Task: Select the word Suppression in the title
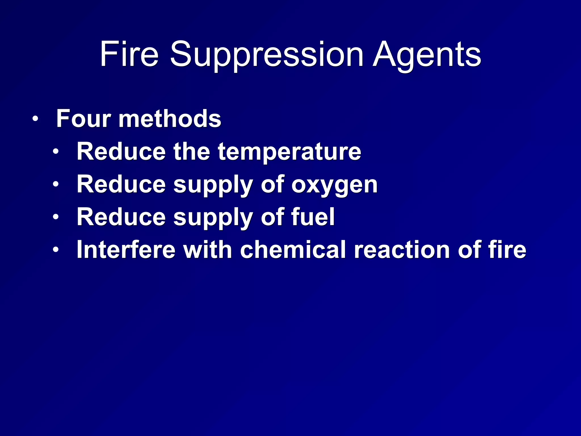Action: [x=267, y=54]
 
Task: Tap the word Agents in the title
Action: [x=427, y=54]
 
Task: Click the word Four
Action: [x=83, y=118]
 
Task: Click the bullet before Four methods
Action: [x=35, y=119]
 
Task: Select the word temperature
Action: [x=289, y=152]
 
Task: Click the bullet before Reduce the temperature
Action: [x=56, y=152]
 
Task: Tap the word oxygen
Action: [x=334, y=185]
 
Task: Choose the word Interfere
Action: [x=126, y=250]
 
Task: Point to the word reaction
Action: [x=402, y=250]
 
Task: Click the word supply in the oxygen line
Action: [x=213, y=185]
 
